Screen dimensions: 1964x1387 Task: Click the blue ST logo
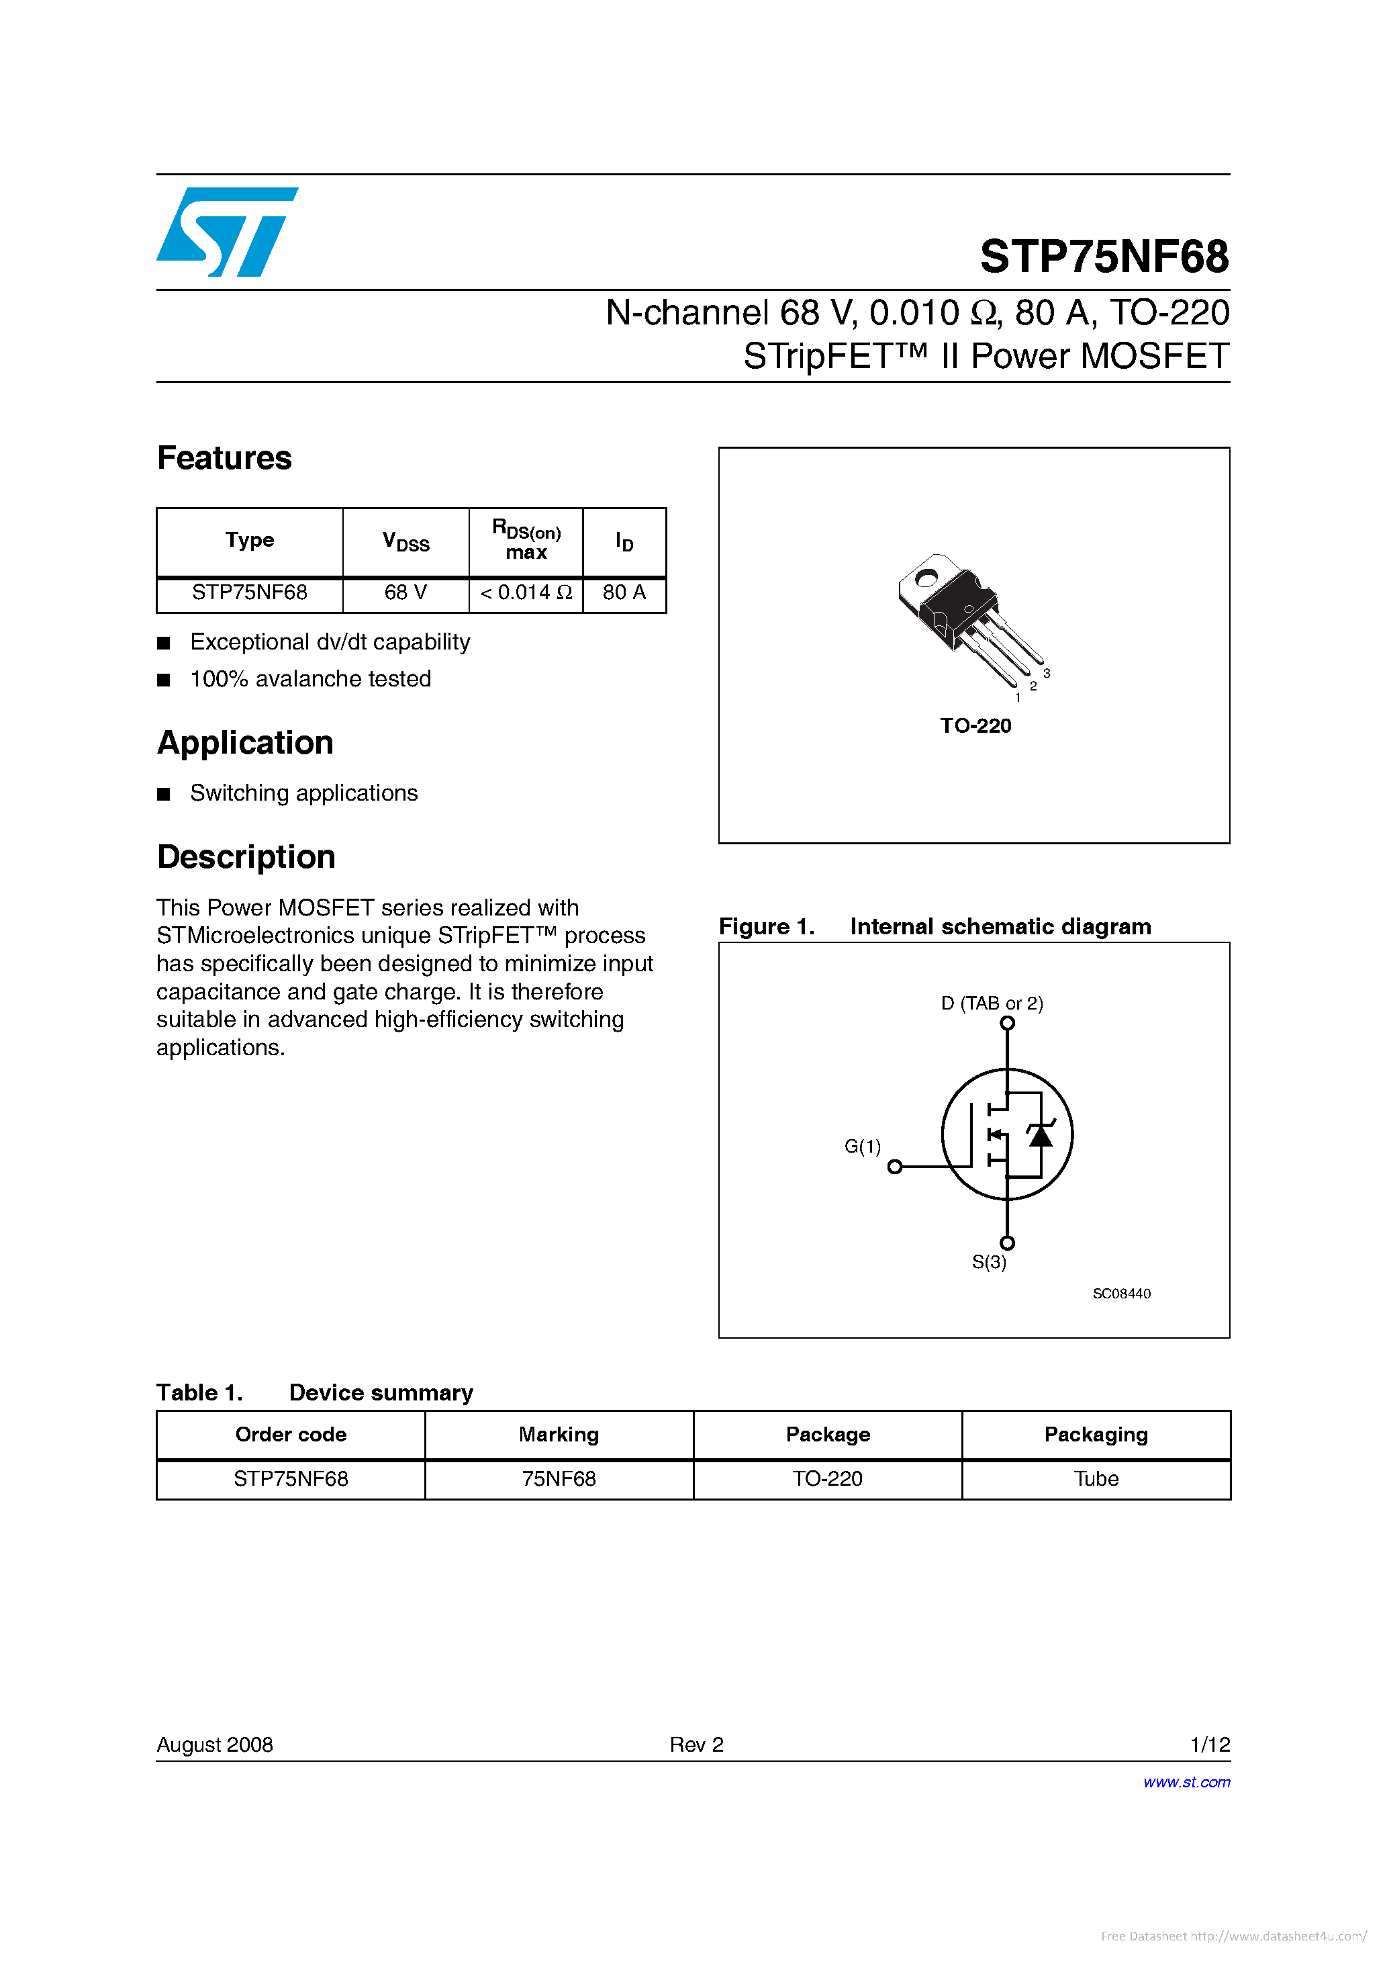[x=227, y=232]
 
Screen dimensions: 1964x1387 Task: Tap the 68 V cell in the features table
[x=405, y=593]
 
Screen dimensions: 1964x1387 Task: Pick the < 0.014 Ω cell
[x=526, y=593]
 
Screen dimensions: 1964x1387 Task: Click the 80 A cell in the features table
[x=624, y=593]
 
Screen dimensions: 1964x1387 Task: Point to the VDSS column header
[x=405, y=541]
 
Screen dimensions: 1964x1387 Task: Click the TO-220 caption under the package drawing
[x=975, y=725]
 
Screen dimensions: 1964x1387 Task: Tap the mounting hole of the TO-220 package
[x=925, y=578]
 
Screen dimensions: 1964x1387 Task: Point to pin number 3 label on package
[x=1047, y=673]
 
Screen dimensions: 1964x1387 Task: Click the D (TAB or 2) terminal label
[x=992, y=1003]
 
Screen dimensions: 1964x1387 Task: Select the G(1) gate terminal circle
[x=894, y=1167]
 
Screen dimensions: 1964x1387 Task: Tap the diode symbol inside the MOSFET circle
[x=1040, y=1135]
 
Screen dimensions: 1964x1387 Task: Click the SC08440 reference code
[x=1121, y=1294]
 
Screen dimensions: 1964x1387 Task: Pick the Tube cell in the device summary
[x=1096, y=1479]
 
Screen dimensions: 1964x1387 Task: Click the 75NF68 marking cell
[x=559, y=1479]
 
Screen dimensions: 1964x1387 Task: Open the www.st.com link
[x=1186, y=1782]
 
